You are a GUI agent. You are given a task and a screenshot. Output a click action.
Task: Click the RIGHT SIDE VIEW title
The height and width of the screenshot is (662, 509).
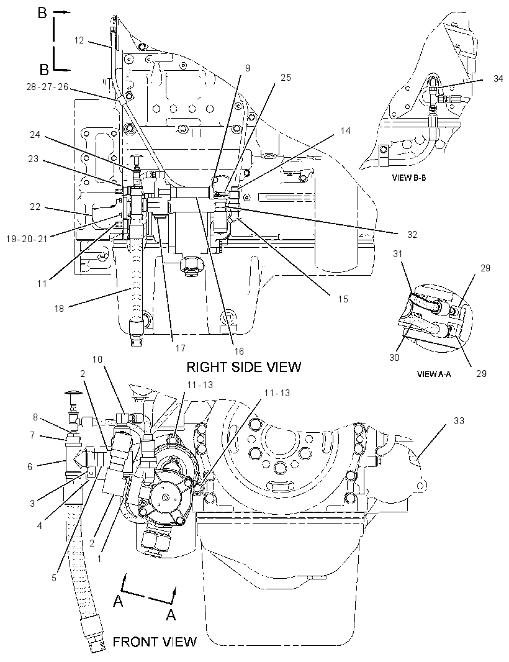pyautogui.click(x=244, y=366)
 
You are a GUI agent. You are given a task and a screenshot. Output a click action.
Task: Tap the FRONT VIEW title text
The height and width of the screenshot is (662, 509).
pyautogui.click(x=155, y=642)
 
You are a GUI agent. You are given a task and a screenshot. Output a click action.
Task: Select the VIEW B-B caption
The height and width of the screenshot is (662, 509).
pyautogui.click(x=409, y=178)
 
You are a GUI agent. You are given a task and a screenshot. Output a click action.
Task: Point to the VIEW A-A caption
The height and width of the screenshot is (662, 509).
pyautogui.click(x=433, y=374)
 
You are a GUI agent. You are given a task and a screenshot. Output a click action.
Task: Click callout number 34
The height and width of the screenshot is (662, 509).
pyautogui.click(x=498, y=78)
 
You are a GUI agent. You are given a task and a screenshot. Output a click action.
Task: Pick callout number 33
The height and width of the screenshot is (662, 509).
pyautogui.click(x=459, y=420)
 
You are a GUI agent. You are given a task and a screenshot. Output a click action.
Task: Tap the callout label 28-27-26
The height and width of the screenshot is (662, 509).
pyautogui.click(x=47, y=88)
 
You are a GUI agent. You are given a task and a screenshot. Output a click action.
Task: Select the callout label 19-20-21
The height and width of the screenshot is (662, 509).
pyautogui.click(x=27, y=238)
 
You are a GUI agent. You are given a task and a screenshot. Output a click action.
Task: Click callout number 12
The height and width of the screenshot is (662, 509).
pyautogui.click(x=79, y=40)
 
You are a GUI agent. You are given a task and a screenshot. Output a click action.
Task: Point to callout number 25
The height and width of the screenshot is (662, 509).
pyautogui.click(x=286, y=77)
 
